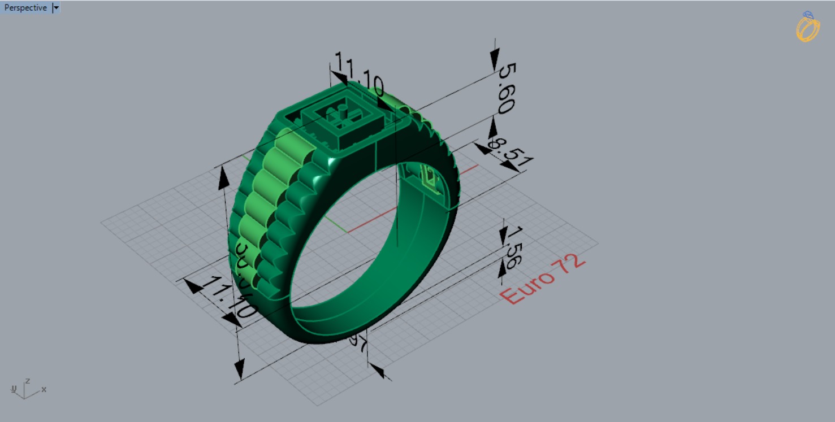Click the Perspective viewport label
pyautogui.click(x=25, y=8)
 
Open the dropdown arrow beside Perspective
pyautogui.click(x=55, y=8)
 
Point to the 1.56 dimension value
pyautogui.click(x=512, y=247)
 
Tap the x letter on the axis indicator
pyautogui.click(x=44, y=389)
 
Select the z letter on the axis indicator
pyautogui.click(x=27, y=381)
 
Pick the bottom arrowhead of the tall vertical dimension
pyautogui.click(x=240, y=370)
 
